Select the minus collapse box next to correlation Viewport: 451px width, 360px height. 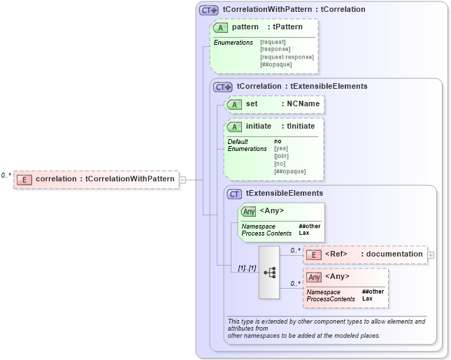click(x=182, y=179)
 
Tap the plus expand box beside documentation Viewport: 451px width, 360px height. click(x=431, y=254)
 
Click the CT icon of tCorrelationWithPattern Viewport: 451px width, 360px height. click(x=208, y=10)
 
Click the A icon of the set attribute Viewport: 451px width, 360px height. click(x=234, y=104)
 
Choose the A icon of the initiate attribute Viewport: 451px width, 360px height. click(x=234, y=127)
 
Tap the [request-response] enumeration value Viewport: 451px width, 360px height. click(x=287, y=57)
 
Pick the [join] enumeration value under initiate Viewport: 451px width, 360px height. click(x=282, y=156)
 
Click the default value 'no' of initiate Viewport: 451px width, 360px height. click(x=278, y=141)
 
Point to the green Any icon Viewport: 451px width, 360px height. click(x=248, y=211)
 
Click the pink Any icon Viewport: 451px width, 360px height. click(x=314, y=277)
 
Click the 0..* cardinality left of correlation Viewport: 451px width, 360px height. click(x=6, y=175)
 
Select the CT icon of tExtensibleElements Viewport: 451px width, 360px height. click(x=234, y=193)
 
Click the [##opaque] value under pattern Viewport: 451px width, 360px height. click(x=276, y=64)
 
